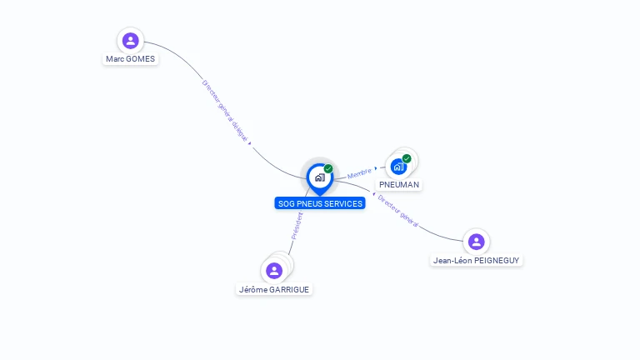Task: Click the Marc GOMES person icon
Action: (130, 40)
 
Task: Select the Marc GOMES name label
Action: (130, 59)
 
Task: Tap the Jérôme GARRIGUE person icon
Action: (274, 270)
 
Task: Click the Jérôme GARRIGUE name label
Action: (274, 290)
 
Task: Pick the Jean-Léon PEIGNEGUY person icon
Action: (476, 242)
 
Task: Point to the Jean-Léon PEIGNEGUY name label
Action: (477, 261)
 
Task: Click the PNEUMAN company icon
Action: (398, 166)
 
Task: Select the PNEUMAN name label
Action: (399, 184)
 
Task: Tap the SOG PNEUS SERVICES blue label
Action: (320, 203)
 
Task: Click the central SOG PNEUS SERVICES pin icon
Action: (319, 177)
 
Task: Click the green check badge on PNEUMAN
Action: (407, 158)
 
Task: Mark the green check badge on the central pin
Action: (328, 169)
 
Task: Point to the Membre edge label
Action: (359, 173)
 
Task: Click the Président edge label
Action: (297, 225)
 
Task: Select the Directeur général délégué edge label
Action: (225, 111)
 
